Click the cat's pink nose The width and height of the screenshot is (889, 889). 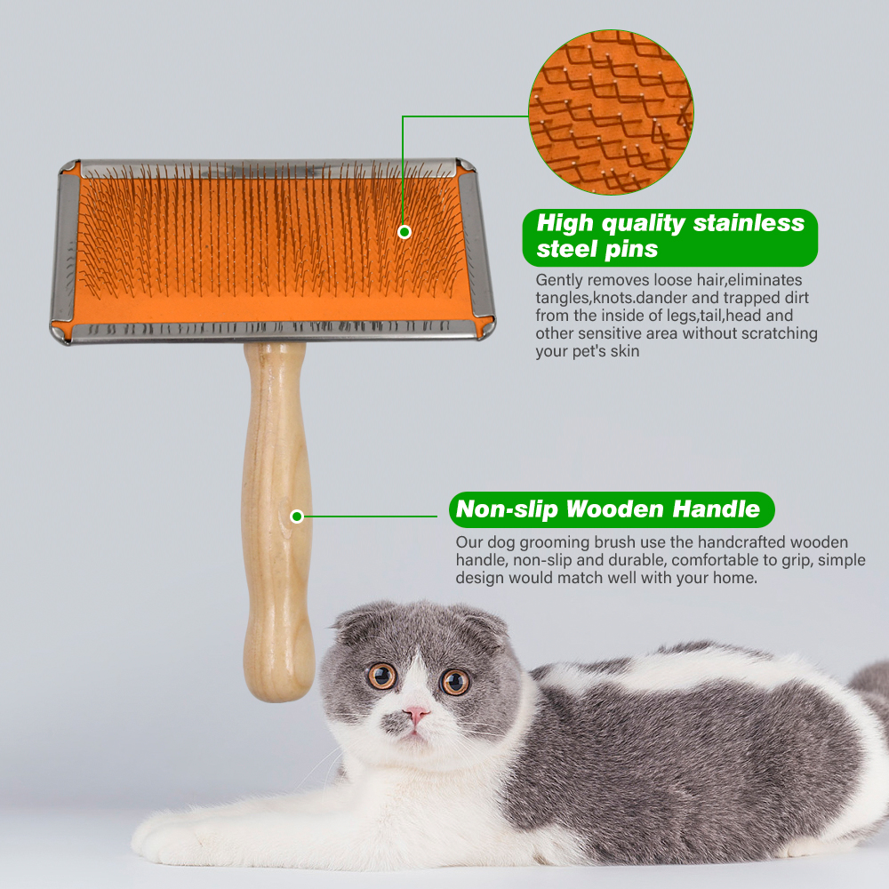coord(416,714)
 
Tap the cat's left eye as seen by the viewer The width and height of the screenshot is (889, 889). coord(382,676)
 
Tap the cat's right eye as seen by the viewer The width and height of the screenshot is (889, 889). coord(455,682)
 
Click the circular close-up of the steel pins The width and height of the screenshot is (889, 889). coord(611,112)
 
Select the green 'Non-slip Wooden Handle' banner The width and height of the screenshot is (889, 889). coord(611,509)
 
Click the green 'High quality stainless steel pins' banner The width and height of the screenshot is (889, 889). coord(669,236)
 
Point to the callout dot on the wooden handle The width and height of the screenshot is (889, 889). coord(297,517)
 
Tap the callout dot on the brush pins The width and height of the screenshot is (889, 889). coord(404,232)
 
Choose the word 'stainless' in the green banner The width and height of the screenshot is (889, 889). coord(749,223)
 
